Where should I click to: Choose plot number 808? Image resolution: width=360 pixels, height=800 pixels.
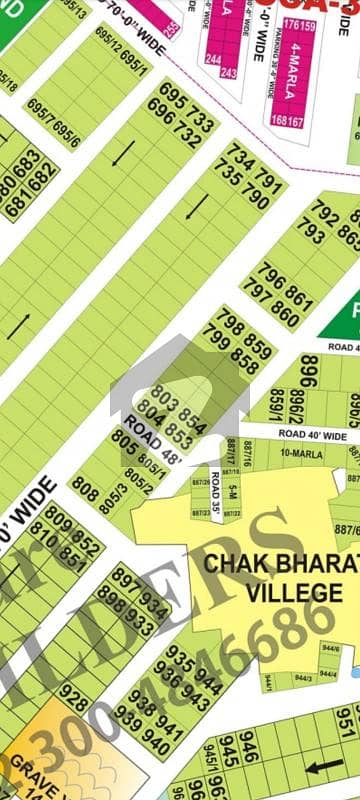click(85, 493)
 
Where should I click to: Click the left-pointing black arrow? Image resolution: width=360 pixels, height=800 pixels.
click(326, 770)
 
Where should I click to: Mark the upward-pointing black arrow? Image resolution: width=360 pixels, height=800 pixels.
click(25, 324)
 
